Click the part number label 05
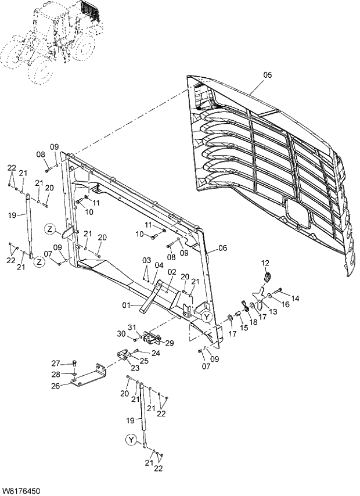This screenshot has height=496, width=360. coord(267,74)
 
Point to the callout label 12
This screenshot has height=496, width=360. coord(265,263)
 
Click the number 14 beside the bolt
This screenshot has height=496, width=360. coord(295,299)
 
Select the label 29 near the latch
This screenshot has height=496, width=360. coord(169,343)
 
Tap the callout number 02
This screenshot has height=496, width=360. coord(172,272)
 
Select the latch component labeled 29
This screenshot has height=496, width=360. coord(153,337)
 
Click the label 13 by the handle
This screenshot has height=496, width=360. coord(273,312)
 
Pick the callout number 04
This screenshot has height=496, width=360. coord(158,265)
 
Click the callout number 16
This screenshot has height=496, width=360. coord(285,304)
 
